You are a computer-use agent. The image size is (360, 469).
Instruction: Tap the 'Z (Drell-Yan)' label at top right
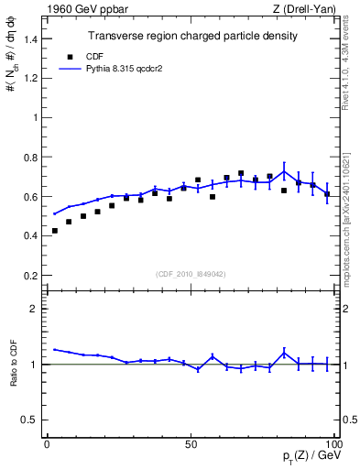click(306, 9)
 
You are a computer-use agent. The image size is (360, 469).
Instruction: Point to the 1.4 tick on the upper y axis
click(30, 38)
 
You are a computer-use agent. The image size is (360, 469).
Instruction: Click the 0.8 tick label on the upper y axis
click(30, 157)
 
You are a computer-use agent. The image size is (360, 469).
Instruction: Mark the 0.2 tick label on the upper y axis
click(30, 275)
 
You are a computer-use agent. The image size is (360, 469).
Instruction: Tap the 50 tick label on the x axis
click(191, 444)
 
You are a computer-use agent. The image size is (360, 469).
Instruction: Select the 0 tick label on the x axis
click(48, 444)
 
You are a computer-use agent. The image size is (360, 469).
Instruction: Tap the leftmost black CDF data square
click(55, 231)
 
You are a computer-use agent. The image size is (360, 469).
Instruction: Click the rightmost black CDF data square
click(327, 194)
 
